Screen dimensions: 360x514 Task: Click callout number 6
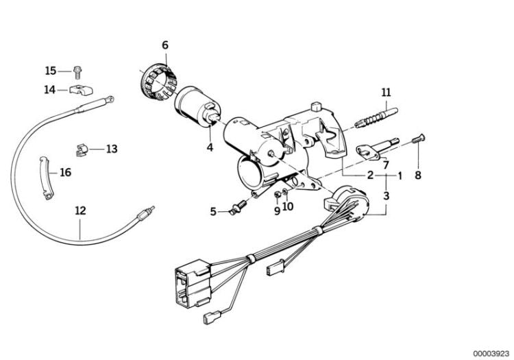tap(164, 45)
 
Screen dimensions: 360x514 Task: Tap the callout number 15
tap(51, 71)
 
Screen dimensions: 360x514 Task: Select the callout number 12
tap(80, 211)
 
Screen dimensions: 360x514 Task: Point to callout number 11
tap(386, 93)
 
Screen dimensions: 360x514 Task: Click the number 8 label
tap(417, 175)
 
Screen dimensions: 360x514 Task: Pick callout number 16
tap(65, 172)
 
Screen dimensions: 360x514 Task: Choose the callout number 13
tap(112, 148)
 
